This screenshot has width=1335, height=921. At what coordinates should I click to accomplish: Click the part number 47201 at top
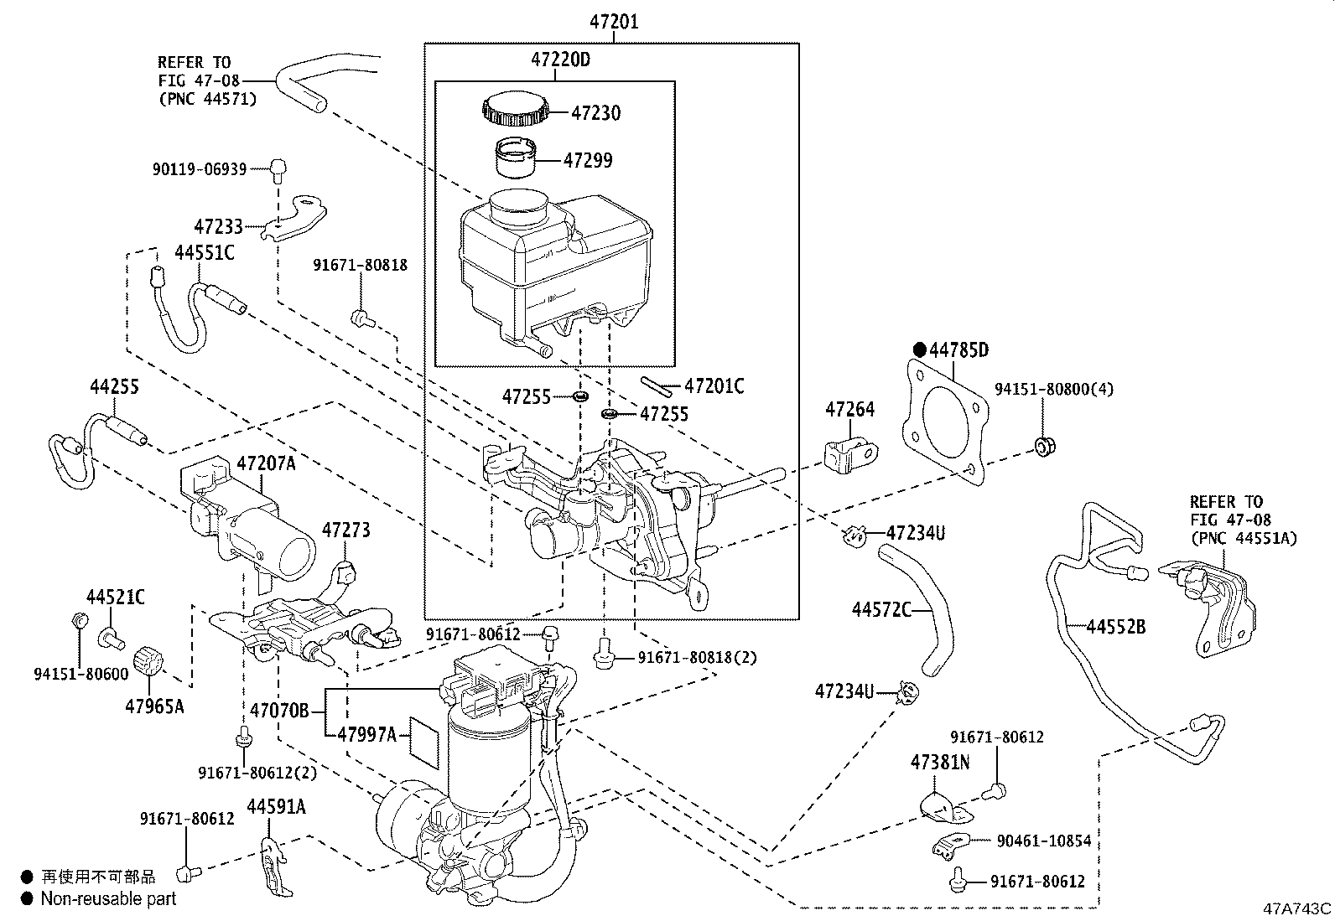[x=612, y=23]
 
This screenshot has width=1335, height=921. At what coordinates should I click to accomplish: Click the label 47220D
[x=560, y=60]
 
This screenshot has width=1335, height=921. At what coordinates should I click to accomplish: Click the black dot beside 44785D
[x=919, y=349]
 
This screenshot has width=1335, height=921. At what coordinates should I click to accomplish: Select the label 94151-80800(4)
[x=1054, y=389]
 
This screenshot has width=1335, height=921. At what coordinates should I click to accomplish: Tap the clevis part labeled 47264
[x=851, y=454]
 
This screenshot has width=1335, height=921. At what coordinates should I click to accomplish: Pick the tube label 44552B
[x=1115, y=626]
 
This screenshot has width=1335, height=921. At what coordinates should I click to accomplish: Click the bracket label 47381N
[x=940, y=763]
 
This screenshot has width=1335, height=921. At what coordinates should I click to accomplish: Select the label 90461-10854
[x=1043, y=841]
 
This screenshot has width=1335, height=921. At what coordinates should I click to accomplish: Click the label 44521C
[x=115, y=598]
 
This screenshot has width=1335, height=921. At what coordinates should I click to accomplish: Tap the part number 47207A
[x=266, y=463]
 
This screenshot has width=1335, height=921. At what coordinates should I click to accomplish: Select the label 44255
[x=114, y=386]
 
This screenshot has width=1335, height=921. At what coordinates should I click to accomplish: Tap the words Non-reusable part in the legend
[x=109, y=899]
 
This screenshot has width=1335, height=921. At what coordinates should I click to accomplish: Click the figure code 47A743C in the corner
[x=1297, y=908]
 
